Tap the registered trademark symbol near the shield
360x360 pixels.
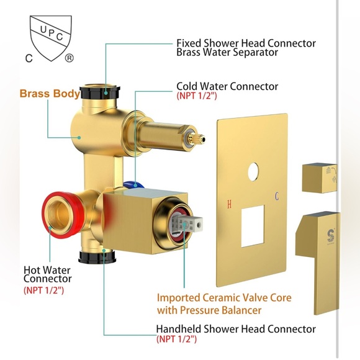pos(69,58)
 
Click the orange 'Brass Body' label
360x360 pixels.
pos(50,94)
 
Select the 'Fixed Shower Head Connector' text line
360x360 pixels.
pos(246,43)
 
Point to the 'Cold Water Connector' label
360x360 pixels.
pos(227,86)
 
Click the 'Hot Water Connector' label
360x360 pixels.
pos(47,275)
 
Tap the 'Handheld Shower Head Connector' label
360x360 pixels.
pos(236,329)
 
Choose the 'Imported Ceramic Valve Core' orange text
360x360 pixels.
pos(224,298)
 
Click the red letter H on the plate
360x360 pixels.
pos(230,204)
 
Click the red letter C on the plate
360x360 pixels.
pos(276,197)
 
